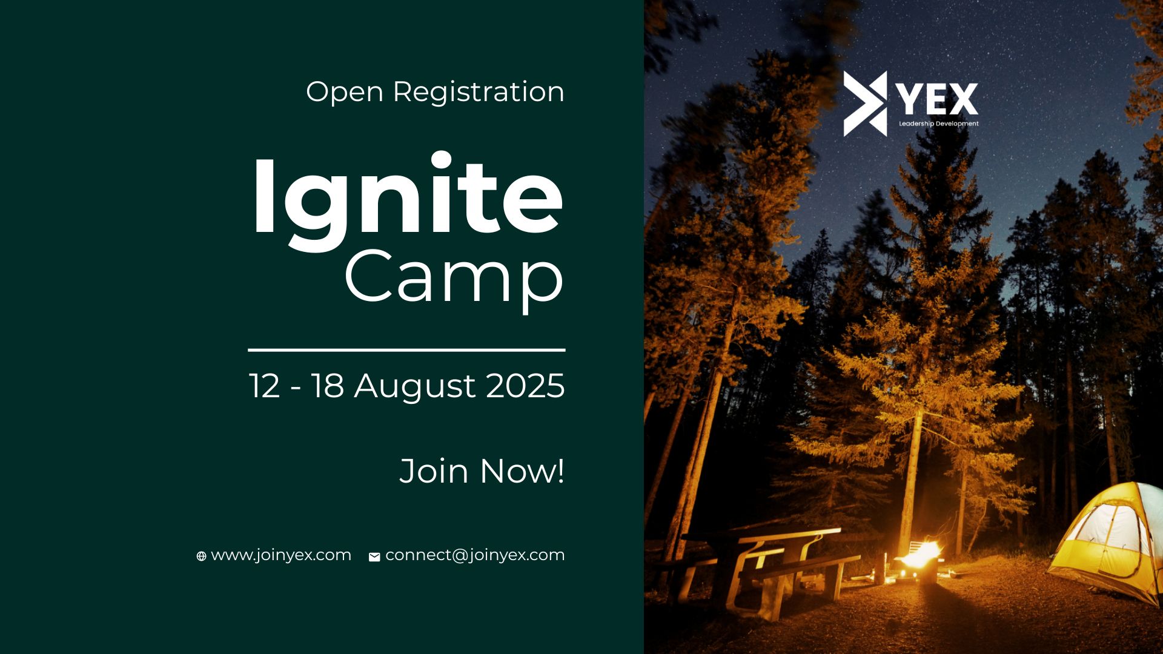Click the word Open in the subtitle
pos(345,93)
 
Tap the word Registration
pos(479,93)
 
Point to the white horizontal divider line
pos(406,350)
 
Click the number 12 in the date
pos(265,386)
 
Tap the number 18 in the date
pos(328,386)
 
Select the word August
pos(415,388)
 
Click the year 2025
pos(525,386)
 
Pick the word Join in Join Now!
pos(434,471)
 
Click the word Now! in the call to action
pos(522,471)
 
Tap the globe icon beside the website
pos(202,557)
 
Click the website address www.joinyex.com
pos(281,556)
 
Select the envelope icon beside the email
pos(374,557)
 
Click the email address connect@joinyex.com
pos(475,556)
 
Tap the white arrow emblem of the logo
pos(865,104)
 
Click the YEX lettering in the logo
pos(936,99)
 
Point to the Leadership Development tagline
pos(939,124)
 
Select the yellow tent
pos(1108,542)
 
